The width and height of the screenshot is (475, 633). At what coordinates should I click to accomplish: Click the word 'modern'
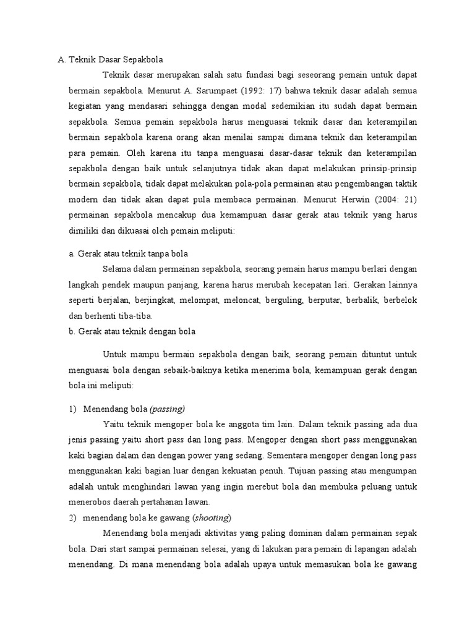tap(82, 200)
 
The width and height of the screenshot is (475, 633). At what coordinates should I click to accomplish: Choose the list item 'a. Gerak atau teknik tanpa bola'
tap(128, 254)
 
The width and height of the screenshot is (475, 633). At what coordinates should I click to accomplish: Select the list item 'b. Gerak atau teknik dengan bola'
tap(132, 331)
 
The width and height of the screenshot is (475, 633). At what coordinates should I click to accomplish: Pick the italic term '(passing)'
tap(167, 409)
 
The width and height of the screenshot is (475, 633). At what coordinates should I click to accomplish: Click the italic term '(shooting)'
tap(212, 517)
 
